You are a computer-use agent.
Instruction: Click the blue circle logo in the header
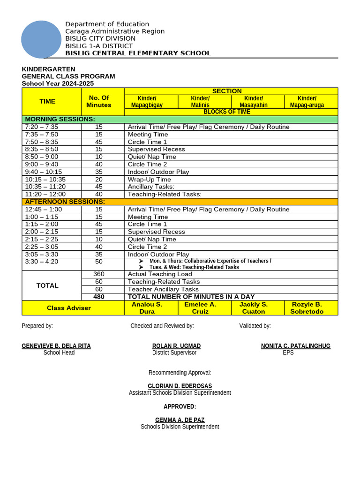41,40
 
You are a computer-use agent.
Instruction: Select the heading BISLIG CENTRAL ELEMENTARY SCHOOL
138,53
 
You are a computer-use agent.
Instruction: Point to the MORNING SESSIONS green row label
60,120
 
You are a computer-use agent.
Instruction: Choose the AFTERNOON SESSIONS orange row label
65,202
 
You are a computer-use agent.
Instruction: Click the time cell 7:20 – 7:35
42,127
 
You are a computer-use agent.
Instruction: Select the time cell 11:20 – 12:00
45,194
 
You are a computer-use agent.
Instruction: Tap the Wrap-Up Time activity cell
149,179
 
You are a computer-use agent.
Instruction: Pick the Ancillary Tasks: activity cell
151,187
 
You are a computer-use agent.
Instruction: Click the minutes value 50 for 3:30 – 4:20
98,262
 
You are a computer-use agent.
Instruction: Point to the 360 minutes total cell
98,274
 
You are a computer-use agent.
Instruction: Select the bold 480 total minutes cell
98,297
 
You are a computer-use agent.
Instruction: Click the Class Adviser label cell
69,308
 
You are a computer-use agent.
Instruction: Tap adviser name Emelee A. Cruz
200,308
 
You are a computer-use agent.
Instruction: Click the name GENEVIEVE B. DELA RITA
56,346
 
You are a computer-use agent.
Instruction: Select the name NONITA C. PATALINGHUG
295,346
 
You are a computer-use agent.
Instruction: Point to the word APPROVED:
180,406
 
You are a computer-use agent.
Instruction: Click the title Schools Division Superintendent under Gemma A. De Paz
180,427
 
